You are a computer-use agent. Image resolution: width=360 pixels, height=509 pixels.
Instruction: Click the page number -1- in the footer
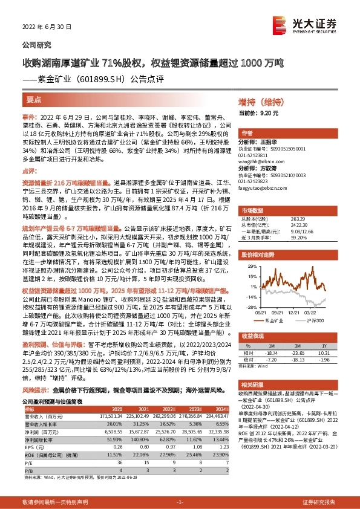[x=180, y=502]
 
